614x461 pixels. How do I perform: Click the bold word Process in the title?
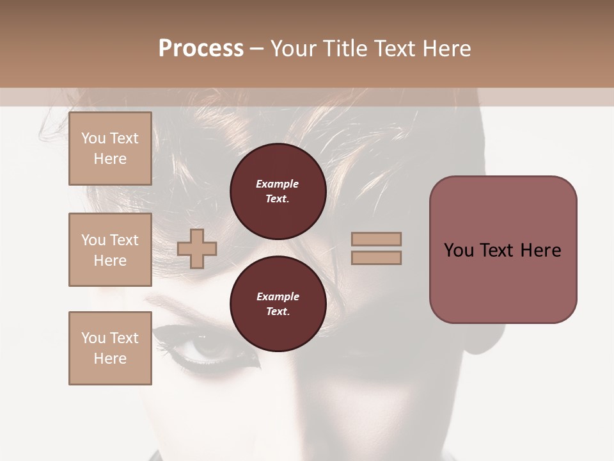coord(201,48)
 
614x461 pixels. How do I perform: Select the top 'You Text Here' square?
coord(110,149)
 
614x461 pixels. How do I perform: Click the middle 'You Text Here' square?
coord(110,250)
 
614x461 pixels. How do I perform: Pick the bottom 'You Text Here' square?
coord(110,348)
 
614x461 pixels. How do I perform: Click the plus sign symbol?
coord(197,248)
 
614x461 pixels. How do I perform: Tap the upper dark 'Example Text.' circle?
coord(278,191)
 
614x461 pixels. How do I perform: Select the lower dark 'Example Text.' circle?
coord(278,304)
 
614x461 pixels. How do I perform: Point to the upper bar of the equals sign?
coord(376,239)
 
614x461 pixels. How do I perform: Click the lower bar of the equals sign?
coord(376,257)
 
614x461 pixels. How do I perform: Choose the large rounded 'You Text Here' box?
coord(503,250)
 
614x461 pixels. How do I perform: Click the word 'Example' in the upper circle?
coord(278,184)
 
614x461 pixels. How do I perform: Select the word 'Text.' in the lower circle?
coord(278,312)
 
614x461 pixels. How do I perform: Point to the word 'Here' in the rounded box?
coord(540,250)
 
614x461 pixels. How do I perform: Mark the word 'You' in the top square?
coord(93,138)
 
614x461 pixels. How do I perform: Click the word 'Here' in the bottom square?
coord(110,359)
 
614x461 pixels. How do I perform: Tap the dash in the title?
coord(257,49)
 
